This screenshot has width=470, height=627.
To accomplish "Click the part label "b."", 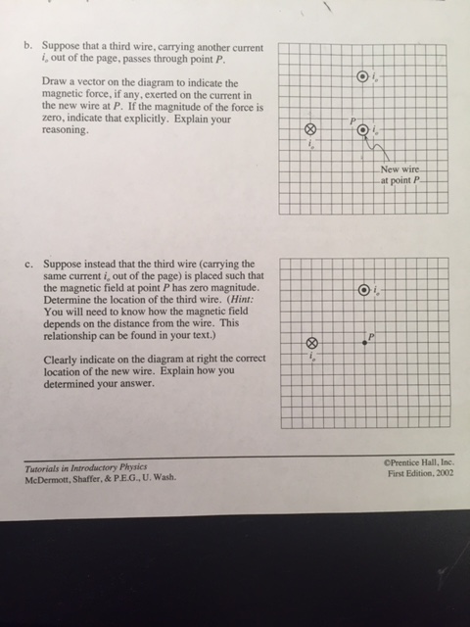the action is [27, 45].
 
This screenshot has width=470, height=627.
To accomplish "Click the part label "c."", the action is [28, 265].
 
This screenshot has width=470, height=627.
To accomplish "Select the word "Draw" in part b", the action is [52, 81].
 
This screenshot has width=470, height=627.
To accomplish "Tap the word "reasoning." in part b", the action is [66, 130].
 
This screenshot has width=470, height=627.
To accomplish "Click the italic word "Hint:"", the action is [240, 300].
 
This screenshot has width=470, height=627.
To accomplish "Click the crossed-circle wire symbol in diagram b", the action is [311, 129].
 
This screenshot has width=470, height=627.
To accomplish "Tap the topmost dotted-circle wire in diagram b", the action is [362, 76].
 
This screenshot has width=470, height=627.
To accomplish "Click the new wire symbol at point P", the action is [363, 130].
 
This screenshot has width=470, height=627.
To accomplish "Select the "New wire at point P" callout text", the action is [400, 174].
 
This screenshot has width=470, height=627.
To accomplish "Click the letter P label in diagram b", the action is [352, 121].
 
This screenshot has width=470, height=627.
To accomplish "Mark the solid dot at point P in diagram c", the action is [364, 343].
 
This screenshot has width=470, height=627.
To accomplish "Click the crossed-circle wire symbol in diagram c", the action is [312, 343].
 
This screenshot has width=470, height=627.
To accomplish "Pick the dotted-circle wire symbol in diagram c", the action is [363, 290].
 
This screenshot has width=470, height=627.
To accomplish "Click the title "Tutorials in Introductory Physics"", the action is [86, 467].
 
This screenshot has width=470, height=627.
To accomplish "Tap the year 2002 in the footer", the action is [445, 473].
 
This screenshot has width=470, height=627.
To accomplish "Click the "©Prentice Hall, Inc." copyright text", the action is [419, 462].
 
